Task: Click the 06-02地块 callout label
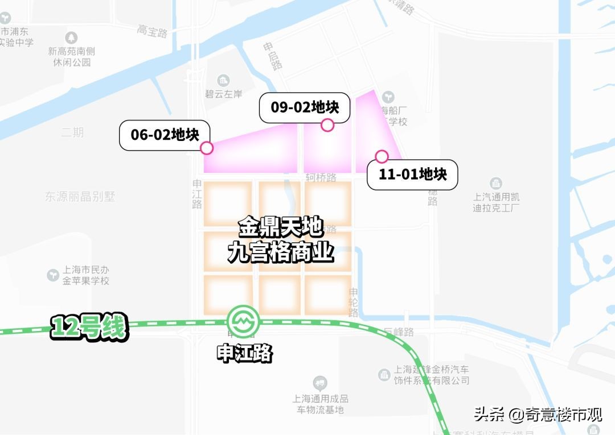coord(165,135)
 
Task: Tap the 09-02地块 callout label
coord(305,107)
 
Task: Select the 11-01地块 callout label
coord(412,174)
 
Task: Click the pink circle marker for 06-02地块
coord(207,148)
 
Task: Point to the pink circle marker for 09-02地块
coord(327,125)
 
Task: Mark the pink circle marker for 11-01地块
coord(382,156)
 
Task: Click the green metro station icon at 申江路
coord(243,322)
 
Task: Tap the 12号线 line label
coord(89,328)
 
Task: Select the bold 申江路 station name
coord(245,354)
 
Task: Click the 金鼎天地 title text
coord(281,228)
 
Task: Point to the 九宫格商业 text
coord(281,252)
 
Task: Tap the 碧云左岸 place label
coord(224,94)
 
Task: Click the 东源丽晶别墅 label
coord(80,197)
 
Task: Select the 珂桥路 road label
coord(321,178)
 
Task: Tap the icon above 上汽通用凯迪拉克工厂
coord(495,184)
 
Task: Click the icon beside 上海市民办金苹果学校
coord(53,275)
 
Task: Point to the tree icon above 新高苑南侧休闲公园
coord(72,38)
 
